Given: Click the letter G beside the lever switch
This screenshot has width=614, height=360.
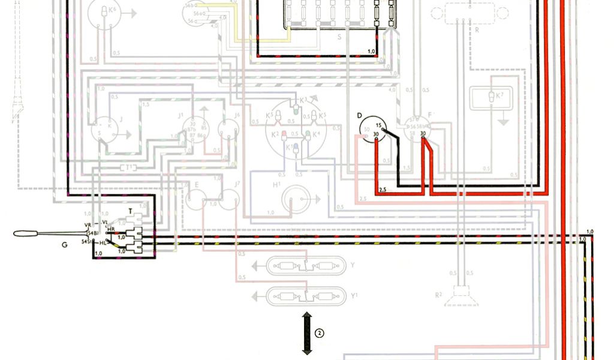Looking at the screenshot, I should click(64, 245).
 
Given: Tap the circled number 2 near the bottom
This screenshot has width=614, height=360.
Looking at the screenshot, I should click(320, 333).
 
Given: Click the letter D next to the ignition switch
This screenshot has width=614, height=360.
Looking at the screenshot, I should click(359, 115).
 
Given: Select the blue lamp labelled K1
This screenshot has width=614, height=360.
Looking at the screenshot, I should click(294, 148).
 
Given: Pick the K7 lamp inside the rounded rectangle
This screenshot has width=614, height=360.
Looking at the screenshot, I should click(490, 96).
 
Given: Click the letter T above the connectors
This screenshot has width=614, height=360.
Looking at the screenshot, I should click(131, 212).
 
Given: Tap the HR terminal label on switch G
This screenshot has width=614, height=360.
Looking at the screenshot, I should click(110, 229).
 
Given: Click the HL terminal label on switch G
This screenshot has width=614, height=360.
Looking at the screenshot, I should click(103, 242).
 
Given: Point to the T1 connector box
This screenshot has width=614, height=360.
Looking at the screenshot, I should click(127, 167).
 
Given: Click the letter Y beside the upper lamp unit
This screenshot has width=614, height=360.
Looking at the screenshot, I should click(353, 265).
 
